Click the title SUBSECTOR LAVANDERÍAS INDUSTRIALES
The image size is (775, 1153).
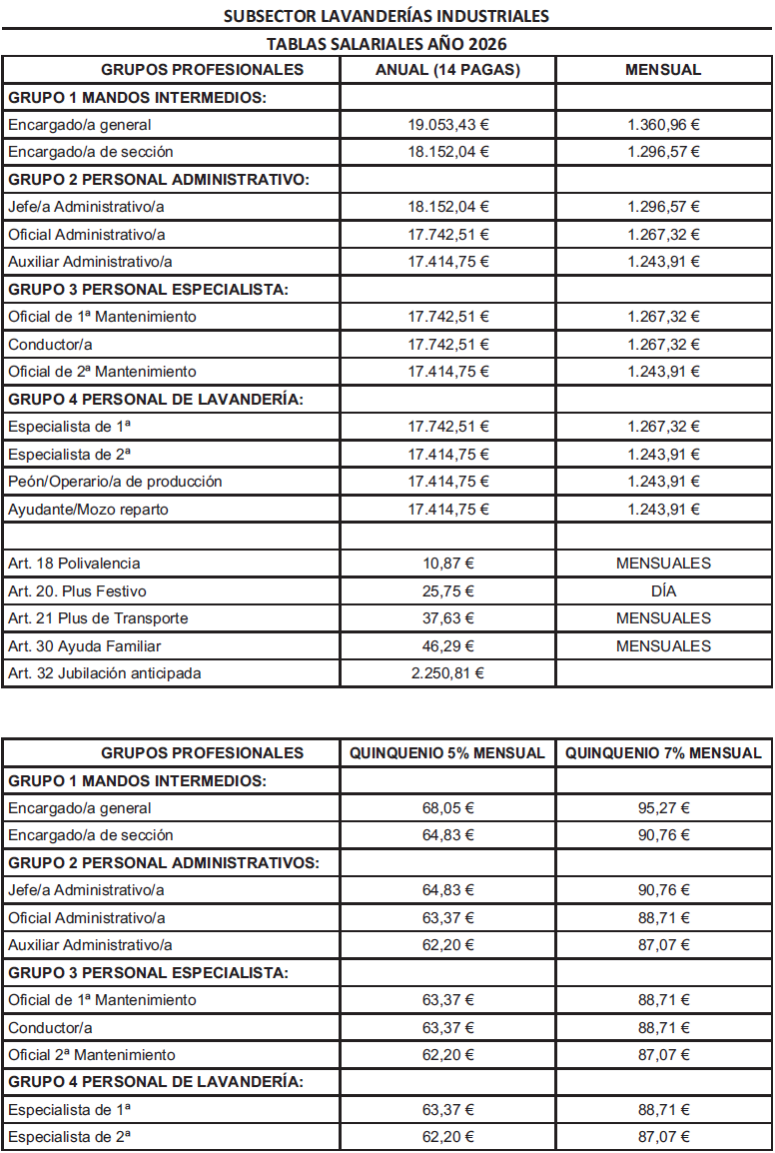click(387, 16)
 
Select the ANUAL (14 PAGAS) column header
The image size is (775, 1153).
click(448, 70)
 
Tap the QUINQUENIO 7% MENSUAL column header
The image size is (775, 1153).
click(663, 752)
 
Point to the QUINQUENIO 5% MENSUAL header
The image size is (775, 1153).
click(447, 752)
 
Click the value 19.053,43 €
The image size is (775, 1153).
click(448, 125)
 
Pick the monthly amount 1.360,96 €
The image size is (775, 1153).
click(663, 125)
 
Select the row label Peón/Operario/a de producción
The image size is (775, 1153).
click(115, 482)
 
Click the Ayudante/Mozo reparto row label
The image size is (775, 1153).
click(88, 509)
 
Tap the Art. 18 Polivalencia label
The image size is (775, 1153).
click(74, 564)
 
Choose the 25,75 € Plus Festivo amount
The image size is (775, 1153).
click(448, 590)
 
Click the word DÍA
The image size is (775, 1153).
click(663, 590)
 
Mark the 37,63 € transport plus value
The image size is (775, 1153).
click(448, 618)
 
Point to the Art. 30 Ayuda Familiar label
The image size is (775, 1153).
click(84, 646)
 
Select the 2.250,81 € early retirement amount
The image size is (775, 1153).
click(448, 673)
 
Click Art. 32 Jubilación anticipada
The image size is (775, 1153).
click(104, 673)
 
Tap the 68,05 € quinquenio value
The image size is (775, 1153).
click(448, 808)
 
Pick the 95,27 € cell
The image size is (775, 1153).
click(664, 808)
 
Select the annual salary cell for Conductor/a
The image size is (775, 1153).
click(448, 344)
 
